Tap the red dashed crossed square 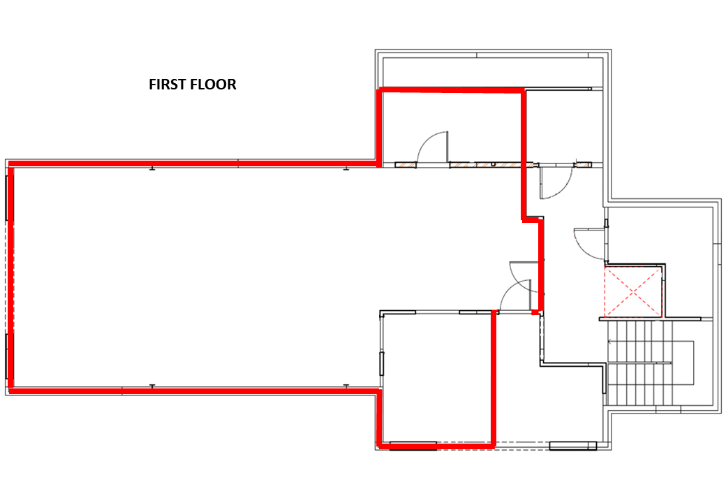632,292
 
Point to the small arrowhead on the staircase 610,342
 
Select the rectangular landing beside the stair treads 683,363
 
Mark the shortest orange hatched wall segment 584,164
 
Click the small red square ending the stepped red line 535,313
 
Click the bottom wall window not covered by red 572,446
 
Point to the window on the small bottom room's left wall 382,363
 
